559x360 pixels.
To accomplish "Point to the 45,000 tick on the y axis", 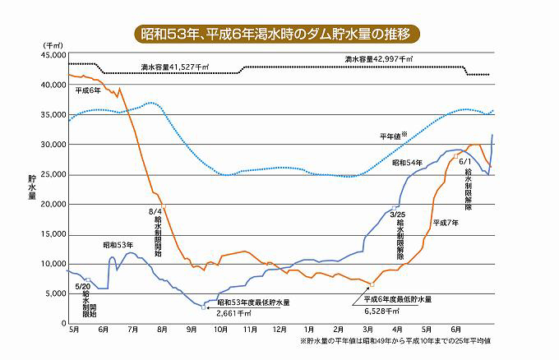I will pyautogui.click(x=49, y=55).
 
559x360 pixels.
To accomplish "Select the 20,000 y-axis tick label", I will pyautogui.click(x=49, y=205).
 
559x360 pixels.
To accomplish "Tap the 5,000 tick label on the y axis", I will pyautogui.click(x=51, y=294).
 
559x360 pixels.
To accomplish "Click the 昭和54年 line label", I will pyautogui.click(x=407, y=164).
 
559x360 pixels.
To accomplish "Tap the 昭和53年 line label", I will pyautogui.click(x=118, y=245).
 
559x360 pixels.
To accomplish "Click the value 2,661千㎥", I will pyautogui.click(x=233, y=313).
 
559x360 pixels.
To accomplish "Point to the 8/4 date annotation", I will pyautogui.click(x=155, y=211).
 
